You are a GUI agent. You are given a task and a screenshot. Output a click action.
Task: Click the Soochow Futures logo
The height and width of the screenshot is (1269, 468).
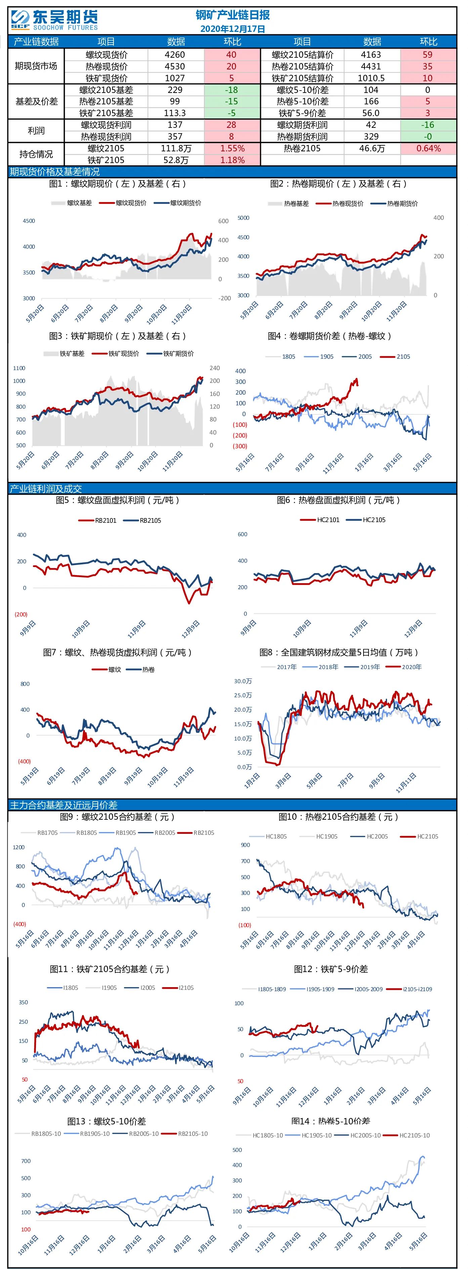click(x=54, y=20)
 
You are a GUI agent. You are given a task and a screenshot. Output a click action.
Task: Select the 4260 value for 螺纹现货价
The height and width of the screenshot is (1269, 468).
click(x=175, y=55)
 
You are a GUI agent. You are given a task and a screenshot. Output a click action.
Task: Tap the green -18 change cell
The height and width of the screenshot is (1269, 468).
click(x=232, y=90)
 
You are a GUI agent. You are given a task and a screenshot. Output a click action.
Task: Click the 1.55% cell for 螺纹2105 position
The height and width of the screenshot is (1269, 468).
click(x=232, y=148)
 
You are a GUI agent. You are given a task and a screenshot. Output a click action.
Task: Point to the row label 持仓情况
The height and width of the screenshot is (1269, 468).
click(x=36, y=154)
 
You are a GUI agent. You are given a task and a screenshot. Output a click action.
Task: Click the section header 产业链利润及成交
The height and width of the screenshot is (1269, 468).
click(x=46, y=489)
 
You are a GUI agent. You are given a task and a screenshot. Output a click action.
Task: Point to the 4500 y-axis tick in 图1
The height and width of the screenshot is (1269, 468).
click(x=29, y=221)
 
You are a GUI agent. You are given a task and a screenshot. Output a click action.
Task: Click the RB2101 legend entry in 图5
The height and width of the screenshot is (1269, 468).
click(x=98, y=520)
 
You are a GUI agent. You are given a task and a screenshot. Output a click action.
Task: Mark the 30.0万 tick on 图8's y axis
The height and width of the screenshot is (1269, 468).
click(x=243, y=681)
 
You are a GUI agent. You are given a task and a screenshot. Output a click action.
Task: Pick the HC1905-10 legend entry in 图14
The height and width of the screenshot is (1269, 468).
click(x=309, y=1135)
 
